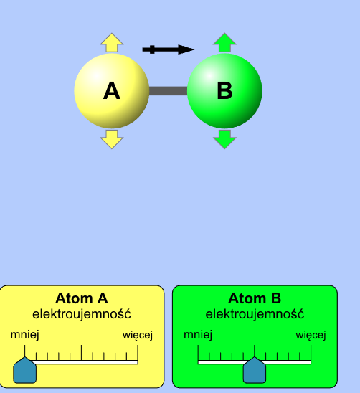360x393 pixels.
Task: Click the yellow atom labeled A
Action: click(112, 91)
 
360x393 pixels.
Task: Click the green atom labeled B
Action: click(224, 91)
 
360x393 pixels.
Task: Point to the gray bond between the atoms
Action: click(169, 91)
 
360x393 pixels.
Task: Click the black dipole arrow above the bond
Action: click(169, 49)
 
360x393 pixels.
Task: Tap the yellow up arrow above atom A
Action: click(112, 42)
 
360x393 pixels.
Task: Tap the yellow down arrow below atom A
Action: click(112, 139)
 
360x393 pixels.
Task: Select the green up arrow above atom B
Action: click(224, 42)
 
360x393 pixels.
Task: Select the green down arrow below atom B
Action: click(224, 139)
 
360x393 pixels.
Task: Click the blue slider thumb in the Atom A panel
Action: click(24, 370)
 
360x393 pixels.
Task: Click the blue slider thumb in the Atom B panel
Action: click(255, 370)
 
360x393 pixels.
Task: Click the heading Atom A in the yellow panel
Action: click(82, 298)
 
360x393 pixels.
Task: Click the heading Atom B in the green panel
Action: click(255, 298)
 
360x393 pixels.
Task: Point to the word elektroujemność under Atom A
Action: click(82, 314)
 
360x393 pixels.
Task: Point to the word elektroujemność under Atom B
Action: click(255, 314)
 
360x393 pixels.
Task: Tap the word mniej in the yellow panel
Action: click(25, 335)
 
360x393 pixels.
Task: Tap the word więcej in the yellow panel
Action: click(138, 336)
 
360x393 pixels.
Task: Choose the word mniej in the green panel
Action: click(198, 335)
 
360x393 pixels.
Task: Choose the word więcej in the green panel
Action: click(311, 336)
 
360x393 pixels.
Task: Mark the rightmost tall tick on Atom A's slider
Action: click(138, 353)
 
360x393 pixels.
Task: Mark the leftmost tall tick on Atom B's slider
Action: click(198, 353)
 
